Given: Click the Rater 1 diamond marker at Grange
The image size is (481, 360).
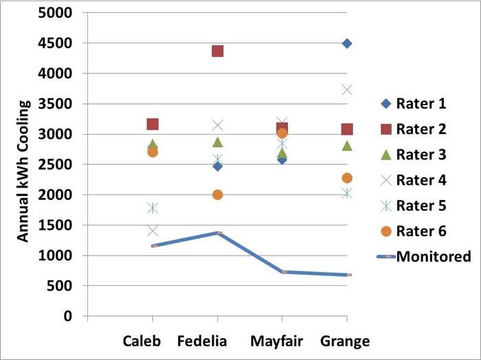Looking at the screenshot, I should (347, 43).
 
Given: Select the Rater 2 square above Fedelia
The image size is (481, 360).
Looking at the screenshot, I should (218, 51).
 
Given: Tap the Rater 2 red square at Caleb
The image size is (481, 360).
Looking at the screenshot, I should (153, 124).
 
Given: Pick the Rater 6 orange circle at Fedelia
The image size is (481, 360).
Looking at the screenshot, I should (218, 194).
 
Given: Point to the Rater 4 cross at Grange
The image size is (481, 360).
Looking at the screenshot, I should (347, 90).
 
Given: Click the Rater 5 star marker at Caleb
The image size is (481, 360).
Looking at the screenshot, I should (153, 207).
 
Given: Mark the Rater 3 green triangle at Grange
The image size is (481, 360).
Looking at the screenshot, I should (347, 146).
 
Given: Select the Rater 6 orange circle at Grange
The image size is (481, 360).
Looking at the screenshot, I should (347, 179).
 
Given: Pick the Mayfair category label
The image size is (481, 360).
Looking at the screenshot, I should (282, 341).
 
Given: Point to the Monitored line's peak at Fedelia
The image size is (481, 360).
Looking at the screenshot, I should (218, 233).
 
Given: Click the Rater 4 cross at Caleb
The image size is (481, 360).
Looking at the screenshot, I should (153, 231).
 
